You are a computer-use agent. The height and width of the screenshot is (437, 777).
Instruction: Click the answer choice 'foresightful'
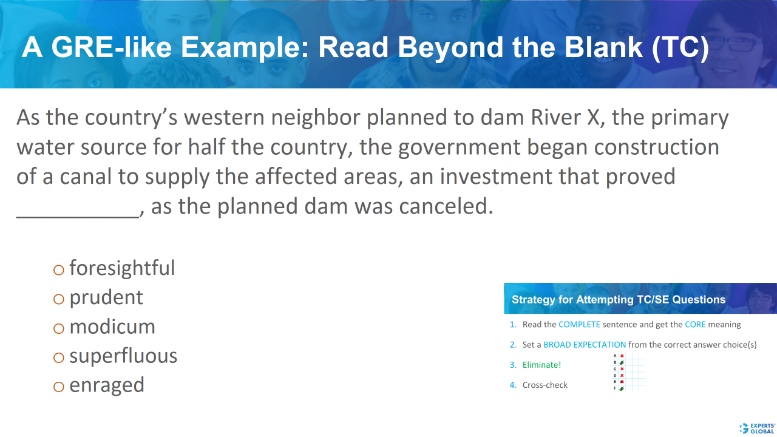tap(122, 268)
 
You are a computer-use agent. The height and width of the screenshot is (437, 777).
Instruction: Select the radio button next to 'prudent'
tap(59, 299)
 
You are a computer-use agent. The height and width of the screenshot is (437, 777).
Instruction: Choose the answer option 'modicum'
tap(112, 327)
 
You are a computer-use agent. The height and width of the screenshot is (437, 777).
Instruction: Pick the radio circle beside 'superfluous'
tap(59, 357)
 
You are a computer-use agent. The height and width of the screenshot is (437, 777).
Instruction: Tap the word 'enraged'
tap(107, 385)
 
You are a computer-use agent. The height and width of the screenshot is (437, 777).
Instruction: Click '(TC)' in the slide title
tap(680, 48)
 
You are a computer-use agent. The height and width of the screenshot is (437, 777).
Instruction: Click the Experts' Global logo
tap(756, 427)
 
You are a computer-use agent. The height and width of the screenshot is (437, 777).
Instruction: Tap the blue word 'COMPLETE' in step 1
tap(579, 325)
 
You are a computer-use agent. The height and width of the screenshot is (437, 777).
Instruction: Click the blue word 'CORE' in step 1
tap(695, 325)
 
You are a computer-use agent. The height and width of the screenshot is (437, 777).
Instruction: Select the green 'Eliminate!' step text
tap(541, 365)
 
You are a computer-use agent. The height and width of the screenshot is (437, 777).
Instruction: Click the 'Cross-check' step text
tap(545, 385)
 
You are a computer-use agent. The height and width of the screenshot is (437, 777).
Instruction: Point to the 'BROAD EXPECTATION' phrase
tap(585, 345)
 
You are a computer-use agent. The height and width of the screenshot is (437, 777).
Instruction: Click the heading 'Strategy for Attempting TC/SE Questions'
tap(619, 299)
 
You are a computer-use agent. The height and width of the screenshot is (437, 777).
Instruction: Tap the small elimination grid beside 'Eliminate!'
tap(629, 371)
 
